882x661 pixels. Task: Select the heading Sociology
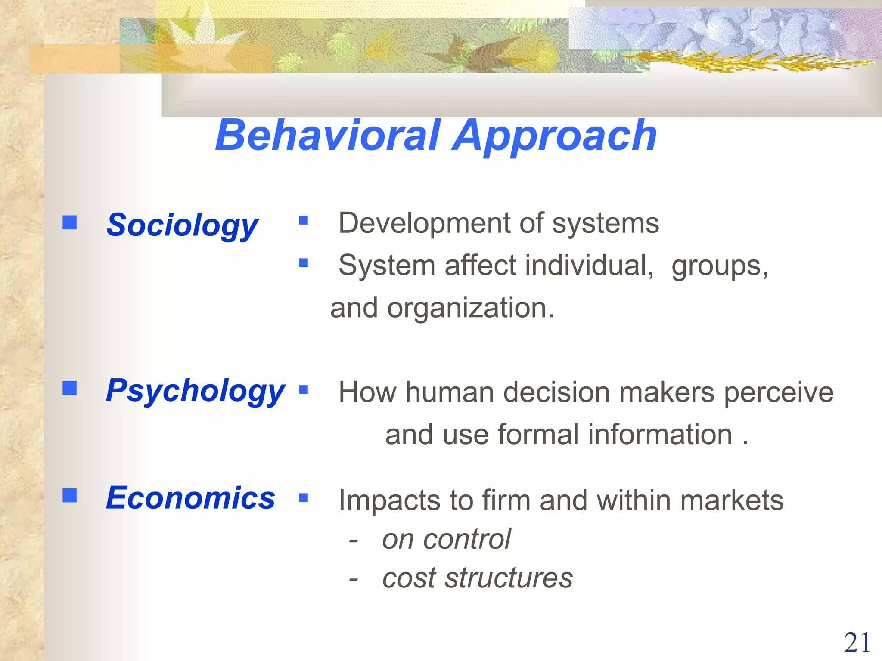[x=182, y=225]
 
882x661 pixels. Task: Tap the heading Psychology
[x=195, y=391]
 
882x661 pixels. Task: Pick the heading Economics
[x=190, y=498]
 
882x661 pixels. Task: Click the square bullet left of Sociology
[x=69, y=222]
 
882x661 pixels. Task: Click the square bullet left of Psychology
[x=69, y=388]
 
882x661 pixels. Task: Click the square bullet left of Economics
[x=69, y=495]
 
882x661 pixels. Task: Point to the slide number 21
[x=857, y=643]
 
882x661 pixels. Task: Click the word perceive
[x=779, y=392]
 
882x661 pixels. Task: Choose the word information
[x=659, y=434]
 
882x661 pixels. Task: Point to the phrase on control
[x=446, y=539]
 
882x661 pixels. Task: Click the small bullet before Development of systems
[x=304, y=221]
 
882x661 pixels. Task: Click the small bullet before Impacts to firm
[x=304, y=498]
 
